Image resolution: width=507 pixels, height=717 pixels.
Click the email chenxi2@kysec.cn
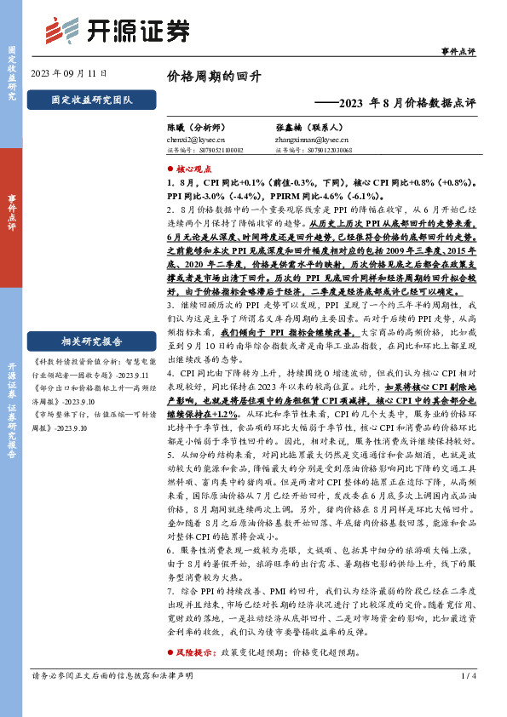coord(196,138)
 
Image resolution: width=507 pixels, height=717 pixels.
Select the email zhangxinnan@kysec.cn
coord(312,138)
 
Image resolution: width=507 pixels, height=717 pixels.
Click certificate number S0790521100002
coord(212,149)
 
